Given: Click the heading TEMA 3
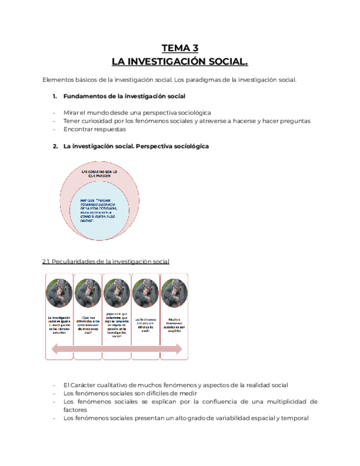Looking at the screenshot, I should pos(180,48).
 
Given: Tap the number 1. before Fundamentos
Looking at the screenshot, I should pos(55,96).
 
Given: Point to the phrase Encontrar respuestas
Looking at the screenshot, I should pos(94,130).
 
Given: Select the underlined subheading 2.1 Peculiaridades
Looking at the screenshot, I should pos(106,261).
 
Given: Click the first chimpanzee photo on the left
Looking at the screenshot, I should pos(59,293).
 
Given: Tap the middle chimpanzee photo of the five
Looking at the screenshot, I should pos(117,293).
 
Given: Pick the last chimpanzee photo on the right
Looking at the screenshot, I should pos(174,293).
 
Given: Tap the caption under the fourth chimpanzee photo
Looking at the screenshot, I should pos(145,325).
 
